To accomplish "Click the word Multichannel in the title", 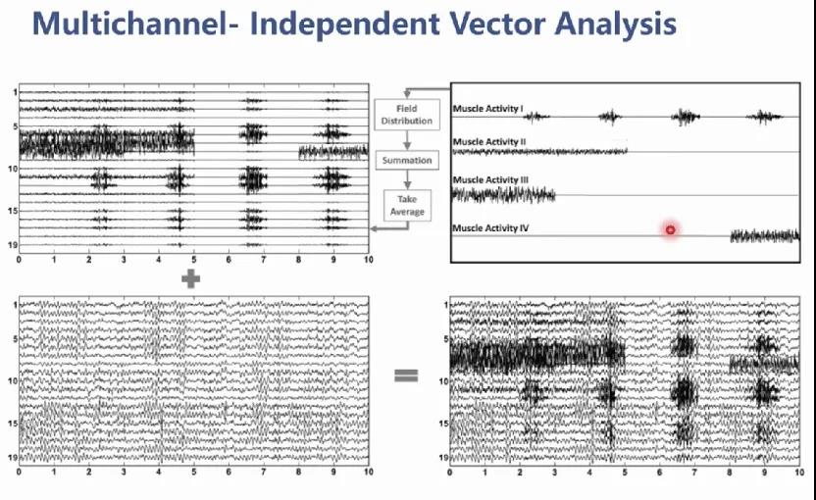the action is tap(130, 24).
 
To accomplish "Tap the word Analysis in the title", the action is tap(616, 24).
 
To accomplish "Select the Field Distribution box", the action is tap(407, 115).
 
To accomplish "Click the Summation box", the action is tap(407, 160).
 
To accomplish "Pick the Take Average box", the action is tap(407, 206).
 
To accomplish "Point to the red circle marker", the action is tap(670, 229).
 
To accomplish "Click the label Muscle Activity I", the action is tap(487, 108).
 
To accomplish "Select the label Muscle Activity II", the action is tap(489, 141).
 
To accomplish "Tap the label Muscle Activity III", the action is tap(490, 179).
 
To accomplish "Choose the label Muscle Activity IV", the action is tap(490, 227).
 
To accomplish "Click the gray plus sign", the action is tap(190, 278).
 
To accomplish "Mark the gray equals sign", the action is tap(406, 375).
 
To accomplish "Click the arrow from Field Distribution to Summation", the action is tap(407, 140).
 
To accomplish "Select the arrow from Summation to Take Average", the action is tap(407, 179).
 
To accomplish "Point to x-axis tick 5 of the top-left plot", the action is tap(194, 259).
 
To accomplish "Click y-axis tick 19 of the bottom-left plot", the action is tap(13, 457).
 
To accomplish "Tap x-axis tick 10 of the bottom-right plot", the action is tap(798, 472).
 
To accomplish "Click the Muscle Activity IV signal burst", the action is tap(765, 236).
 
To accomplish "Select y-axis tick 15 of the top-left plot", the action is tap(13, 211).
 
